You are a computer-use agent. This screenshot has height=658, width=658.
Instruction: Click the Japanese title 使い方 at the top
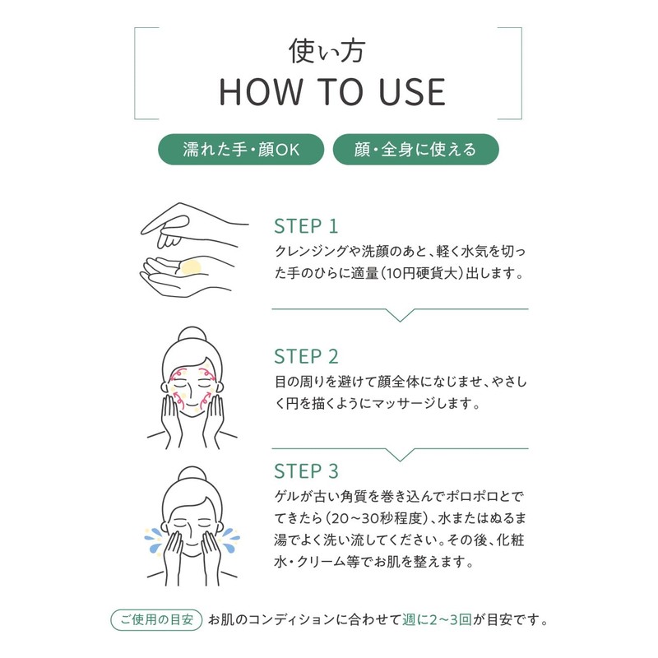[328, 51]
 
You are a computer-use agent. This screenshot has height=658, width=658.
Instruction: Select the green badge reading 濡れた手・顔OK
[240, 150]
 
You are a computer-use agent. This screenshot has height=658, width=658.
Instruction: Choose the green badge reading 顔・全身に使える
[415, 150]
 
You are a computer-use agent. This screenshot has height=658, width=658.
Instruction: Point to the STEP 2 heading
[305, 357]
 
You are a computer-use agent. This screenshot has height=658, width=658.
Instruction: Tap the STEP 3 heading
[305, 471]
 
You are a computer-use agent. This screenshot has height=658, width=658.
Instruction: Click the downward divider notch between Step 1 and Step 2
[400, 314]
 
